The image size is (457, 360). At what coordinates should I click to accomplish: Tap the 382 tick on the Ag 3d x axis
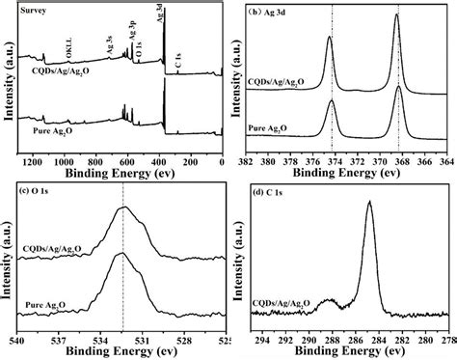click(x=244, y=159)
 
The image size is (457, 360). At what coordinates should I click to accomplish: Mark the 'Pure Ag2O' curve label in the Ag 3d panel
click(x=273, y=127)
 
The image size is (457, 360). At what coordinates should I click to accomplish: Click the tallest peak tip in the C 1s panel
click(x=370, y=204)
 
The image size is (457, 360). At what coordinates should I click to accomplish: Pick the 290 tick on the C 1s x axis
click(x=308, y=340)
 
